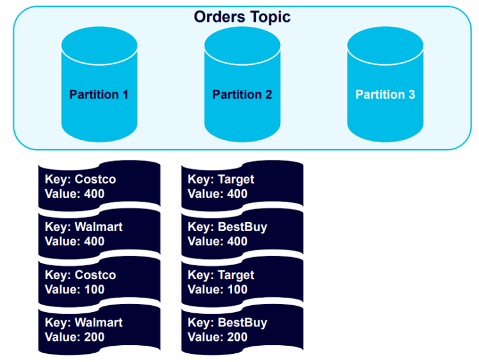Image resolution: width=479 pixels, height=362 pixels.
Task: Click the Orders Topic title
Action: [x=242, y=17]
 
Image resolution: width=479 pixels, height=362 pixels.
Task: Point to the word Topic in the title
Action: [x=270, y=17]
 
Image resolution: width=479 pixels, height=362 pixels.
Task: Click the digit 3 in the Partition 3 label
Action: [x=411, y=95]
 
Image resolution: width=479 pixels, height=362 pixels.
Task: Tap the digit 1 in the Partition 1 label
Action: [x=125, y=95]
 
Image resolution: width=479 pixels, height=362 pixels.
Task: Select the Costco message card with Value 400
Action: [x=99, y=186]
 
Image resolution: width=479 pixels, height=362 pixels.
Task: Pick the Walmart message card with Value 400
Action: [x=99, y=234]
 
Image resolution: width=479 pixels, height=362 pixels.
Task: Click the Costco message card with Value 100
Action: [x=99, y=282]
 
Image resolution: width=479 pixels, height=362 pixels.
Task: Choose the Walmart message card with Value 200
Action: [x=99, y=330]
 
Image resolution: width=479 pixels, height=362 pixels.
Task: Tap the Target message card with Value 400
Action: [x=242, y=186]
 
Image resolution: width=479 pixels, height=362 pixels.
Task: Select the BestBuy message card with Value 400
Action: [x=242, y=234]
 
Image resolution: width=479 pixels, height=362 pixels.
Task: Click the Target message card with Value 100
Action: [x=242, y=282]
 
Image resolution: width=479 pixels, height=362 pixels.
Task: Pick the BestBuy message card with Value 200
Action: [x=242, y=330]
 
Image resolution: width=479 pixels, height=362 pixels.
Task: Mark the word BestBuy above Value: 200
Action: [x=243, y=323]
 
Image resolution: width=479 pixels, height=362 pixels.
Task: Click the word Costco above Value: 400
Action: [x=95, y=180]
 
